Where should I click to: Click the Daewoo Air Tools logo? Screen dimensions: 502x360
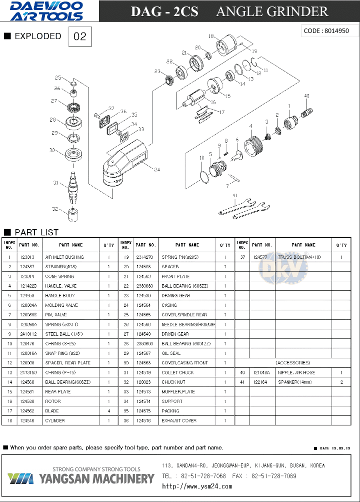coord(47,11)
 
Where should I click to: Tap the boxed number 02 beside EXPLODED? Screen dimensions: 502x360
coord(80,37)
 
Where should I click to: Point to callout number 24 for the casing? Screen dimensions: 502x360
coord(156,170)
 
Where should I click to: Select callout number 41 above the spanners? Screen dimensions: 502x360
coord(234,195)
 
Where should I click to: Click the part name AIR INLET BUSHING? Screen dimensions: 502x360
coord(64,257)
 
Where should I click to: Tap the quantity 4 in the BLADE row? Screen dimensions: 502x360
coord(108,411)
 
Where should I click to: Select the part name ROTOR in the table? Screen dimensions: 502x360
coord(53,401)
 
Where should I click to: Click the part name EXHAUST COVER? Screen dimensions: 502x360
coord(178,421)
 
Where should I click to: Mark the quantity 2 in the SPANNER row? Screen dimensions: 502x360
coord(341,382)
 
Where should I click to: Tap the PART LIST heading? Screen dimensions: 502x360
coord(36,233)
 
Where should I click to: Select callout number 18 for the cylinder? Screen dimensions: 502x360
coord(211,36)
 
